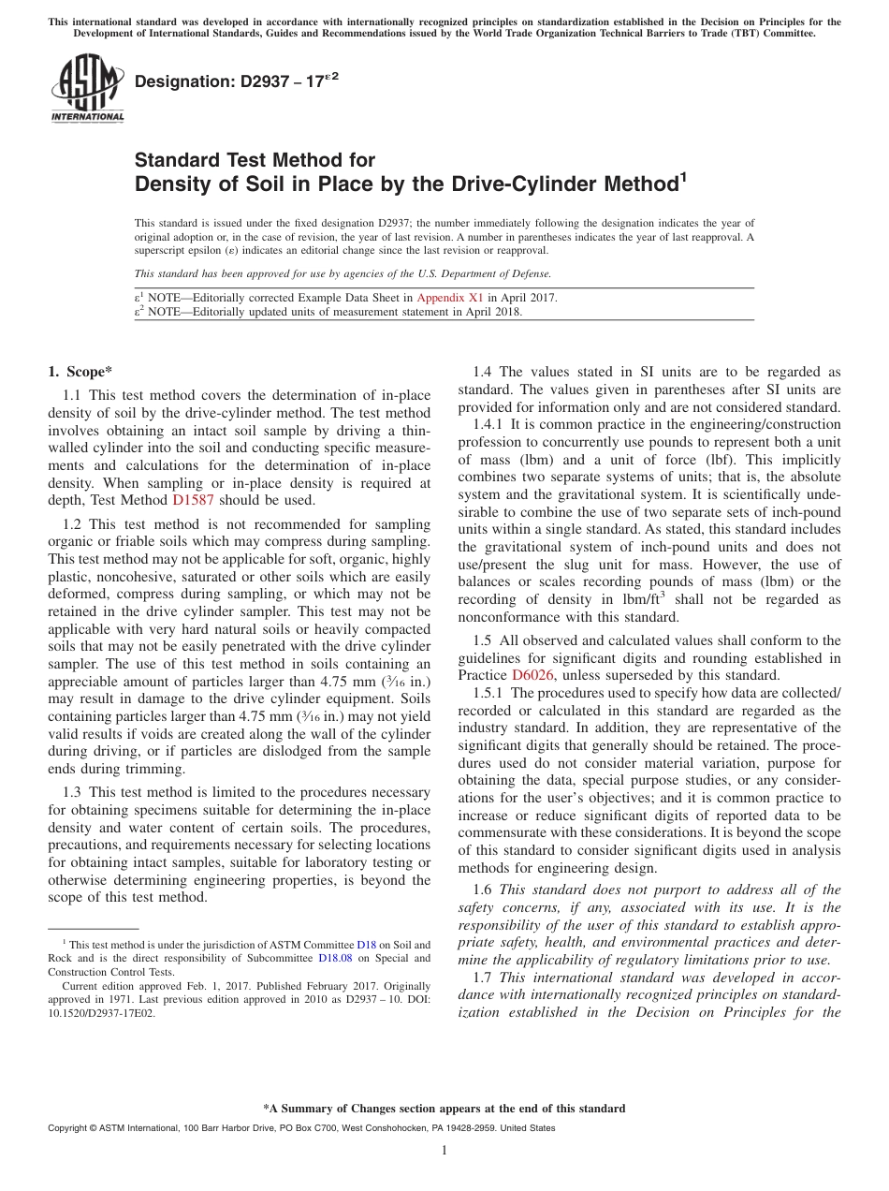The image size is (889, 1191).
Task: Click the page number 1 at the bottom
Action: click(444, 1151)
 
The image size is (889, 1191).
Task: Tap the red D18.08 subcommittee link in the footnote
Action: click(334, 958)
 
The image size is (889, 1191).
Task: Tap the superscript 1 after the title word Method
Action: click(683, 175)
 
